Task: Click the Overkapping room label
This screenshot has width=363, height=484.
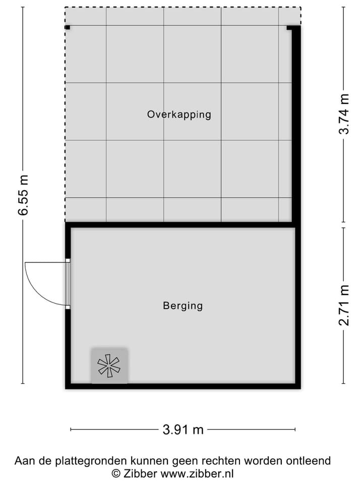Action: click(x=179, y=114)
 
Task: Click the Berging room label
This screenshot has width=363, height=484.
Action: click(x=183, y=306)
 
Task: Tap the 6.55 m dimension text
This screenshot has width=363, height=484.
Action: click(x=23, y=195)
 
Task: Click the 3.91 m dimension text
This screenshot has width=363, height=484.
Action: click(x=183, y=430)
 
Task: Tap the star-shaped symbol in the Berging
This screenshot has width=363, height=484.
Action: click(x=109, y=366)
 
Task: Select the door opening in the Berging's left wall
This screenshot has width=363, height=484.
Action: click(x=68, y=283)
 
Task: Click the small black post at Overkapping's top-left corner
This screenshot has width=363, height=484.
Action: click(x=67, y=28)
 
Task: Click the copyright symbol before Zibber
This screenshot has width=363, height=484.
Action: click(x=116, y=473)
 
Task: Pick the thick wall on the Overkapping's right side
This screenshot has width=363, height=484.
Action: click(x=296, y=126)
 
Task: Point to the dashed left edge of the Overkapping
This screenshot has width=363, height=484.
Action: click(x=65, y=126)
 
